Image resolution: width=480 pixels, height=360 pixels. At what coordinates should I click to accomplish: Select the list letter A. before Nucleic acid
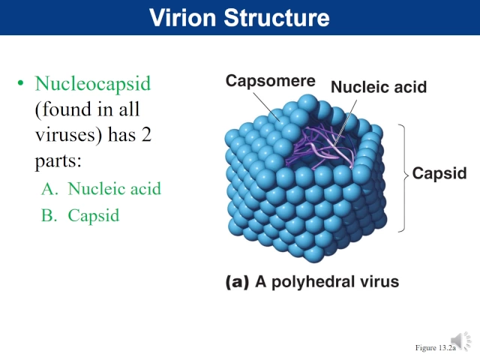pyautogui.click(x=50, y=189)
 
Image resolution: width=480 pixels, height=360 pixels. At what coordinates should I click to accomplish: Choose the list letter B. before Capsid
pyautogui.click(x=50, y=216)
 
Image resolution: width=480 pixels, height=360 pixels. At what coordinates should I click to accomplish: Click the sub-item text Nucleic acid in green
pyautogui.click(x=114, y=189)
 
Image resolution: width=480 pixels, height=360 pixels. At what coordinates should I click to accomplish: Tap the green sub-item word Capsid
pyautogui.click(x=93, y=216)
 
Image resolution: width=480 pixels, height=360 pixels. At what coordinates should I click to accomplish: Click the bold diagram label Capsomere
pyautogui.click(x=270, y=80)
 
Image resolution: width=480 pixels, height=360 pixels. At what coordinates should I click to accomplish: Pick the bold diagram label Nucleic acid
pyautogui.click(x=378, y=87)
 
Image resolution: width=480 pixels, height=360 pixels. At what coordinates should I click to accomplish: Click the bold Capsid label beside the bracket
pyautogui.click(x=439, y=174)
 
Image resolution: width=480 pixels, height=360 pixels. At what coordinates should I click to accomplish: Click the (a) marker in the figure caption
pyautogui.click(x=237, y=282)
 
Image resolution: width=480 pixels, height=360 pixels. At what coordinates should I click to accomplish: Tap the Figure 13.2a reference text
pyautogui.click(x=436, y=348)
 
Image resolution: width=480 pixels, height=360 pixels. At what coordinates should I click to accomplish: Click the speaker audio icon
pyautogui.click(x=461, y=341)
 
